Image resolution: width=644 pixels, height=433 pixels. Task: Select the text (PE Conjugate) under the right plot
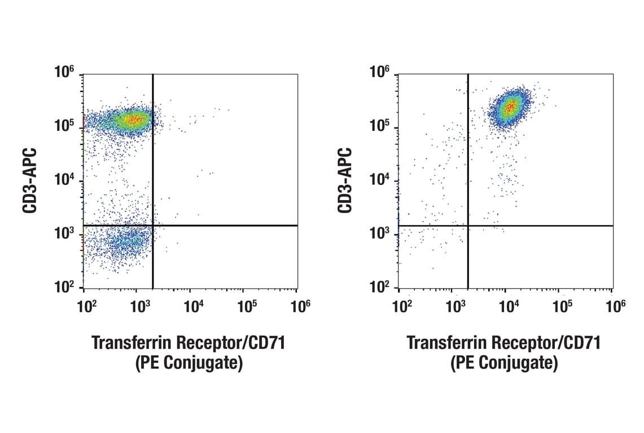coord(503,364)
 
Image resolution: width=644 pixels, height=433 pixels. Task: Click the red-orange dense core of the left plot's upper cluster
coord(133,119)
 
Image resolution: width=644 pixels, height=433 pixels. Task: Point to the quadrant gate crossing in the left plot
coord(153,226)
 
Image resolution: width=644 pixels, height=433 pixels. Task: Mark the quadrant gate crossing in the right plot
coord(468,226)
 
